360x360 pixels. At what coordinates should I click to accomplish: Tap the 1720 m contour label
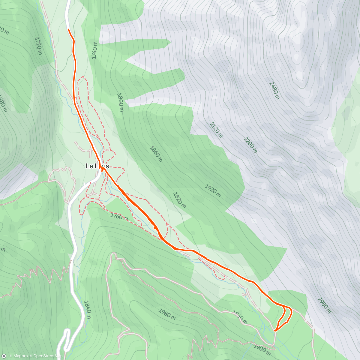tap(38, 46)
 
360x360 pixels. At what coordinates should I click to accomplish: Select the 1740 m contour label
tap(94, 50)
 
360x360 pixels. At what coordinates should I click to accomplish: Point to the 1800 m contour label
tap(120, 102)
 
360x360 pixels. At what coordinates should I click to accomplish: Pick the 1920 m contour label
tap(213, 191)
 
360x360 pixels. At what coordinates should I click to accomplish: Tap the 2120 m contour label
tap(216, 130)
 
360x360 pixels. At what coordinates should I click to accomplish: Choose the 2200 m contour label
tap(250, 145)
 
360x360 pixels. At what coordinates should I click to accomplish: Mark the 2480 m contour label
tap(274, 90)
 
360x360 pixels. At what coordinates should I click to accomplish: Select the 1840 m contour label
tap(87, 307)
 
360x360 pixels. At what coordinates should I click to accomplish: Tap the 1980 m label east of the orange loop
tap(324, 305)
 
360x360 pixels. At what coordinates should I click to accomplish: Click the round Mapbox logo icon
tap(4, 356)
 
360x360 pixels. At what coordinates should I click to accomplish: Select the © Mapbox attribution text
tap(19, 356)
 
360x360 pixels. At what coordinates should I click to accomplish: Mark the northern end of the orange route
tap(69, 29)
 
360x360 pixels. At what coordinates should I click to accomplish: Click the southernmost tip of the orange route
tap(275, 331)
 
